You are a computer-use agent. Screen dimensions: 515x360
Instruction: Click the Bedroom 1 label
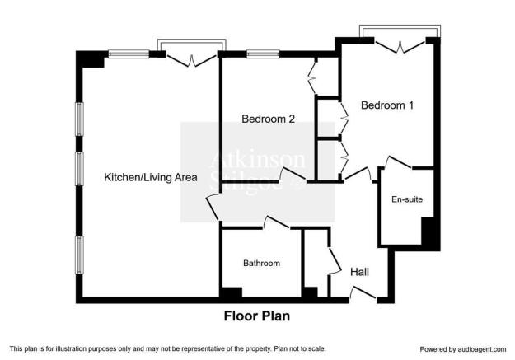click(387, 105)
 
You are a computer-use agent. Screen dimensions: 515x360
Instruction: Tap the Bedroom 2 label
click(268, 119)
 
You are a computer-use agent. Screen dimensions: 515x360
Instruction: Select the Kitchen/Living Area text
click(151, 177)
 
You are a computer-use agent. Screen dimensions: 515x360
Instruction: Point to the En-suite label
click(407, 199)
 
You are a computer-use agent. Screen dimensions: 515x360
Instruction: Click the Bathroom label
click(261, 263)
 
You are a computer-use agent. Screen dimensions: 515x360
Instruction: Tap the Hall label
click(359, 272)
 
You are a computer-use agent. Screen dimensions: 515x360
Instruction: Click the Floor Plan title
click(257, 316)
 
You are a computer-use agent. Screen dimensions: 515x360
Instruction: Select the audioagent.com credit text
click(463, 349)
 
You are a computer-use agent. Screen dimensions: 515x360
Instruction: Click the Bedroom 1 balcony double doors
click(400, 47)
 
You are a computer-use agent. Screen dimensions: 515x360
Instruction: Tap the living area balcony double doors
click(191, 60)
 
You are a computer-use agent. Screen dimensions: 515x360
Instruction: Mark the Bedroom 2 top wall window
click(263, 54)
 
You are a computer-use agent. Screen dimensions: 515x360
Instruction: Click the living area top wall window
click(129, 54)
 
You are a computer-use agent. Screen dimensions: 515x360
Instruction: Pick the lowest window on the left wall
click(79, 255)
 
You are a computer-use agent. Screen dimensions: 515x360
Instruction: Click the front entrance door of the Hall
click(363, 293)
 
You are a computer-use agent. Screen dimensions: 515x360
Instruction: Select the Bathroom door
click(276, 222)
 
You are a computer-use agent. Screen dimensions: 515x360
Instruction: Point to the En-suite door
click(398, 162)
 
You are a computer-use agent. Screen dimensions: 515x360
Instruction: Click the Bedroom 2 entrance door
click(293, 174)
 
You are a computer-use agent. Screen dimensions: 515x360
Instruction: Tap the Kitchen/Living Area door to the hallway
click(212, 208)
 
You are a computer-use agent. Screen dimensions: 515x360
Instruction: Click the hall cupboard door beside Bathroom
click(335, 261)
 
